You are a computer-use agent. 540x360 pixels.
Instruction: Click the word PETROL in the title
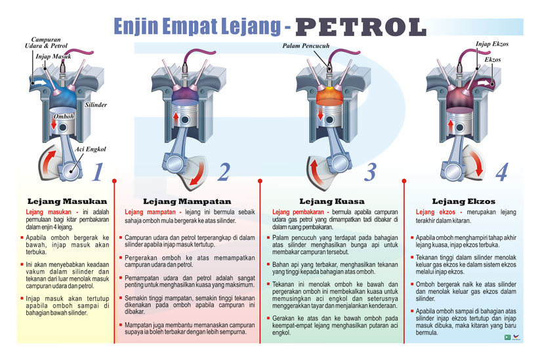click(361, 27)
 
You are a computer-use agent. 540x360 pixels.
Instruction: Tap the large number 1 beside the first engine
click(98, 172)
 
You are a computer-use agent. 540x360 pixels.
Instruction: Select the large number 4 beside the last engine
click(501, 172)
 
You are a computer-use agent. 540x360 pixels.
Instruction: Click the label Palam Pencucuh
click(306, 46)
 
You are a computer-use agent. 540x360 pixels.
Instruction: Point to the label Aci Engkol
click(91, 149)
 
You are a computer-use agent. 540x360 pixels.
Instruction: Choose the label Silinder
click(96, 105)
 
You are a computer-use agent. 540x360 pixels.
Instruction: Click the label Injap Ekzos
click(492, 44)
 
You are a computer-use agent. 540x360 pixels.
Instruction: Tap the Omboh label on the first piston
click(64, 116)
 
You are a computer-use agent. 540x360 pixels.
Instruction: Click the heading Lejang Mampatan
click(187, 201)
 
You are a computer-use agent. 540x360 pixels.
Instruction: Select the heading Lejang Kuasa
click(332, 201)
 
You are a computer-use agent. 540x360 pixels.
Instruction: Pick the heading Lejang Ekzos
click(463, 201)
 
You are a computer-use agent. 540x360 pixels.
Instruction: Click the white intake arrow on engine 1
click(39, 83)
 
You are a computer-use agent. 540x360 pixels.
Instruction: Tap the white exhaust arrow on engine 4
click(484, 83)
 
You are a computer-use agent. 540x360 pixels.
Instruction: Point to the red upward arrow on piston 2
click(176, 119)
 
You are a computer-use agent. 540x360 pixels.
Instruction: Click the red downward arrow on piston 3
click(320, 113)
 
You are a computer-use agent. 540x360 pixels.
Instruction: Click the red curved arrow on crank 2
click(199, 176)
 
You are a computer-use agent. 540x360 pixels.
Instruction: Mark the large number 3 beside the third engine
click(370, 172)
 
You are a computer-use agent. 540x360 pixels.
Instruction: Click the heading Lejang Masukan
click(67, 201)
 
